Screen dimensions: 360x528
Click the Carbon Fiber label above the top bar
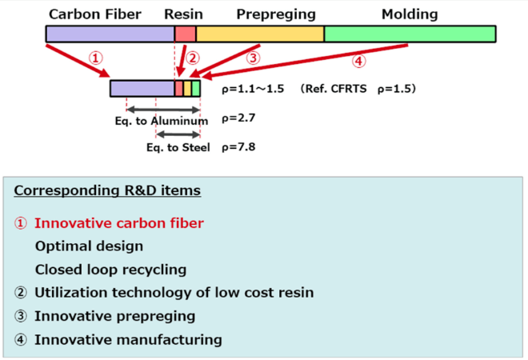coord(96,14)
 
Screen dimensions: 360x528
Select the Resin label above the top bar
coord(184,14)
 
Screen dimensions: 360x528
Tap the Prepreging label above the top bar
coord(276,14)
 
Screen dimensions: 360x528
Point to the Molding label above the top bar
coord(410,14)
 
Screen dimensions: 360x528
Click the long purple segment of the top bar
coord(110,34)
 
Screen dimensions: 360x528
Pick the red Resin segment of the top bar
coord(185,34)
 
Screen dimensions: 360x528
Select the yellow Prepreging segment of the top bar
coord(260,34)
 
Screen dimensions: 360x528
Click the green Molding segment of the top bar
coord(410,34)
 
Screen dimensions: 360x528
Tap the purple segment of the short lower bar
coord(142,89)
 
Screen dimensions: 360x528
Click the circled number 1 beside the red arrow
coord(96,58)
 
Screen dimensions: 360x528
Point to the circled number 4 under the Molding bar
coord(359,61)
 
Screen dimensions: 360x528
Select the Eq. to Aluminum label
coord(161,121)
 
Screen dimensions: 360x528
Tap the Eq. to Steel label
coord(178,148)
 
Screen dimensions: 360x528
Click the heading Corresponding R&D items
coord(107,191)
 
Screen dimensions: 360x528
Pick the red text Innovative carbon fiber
coord(118,223)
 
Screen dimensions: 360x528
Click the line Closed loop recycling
coord(110,270)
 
